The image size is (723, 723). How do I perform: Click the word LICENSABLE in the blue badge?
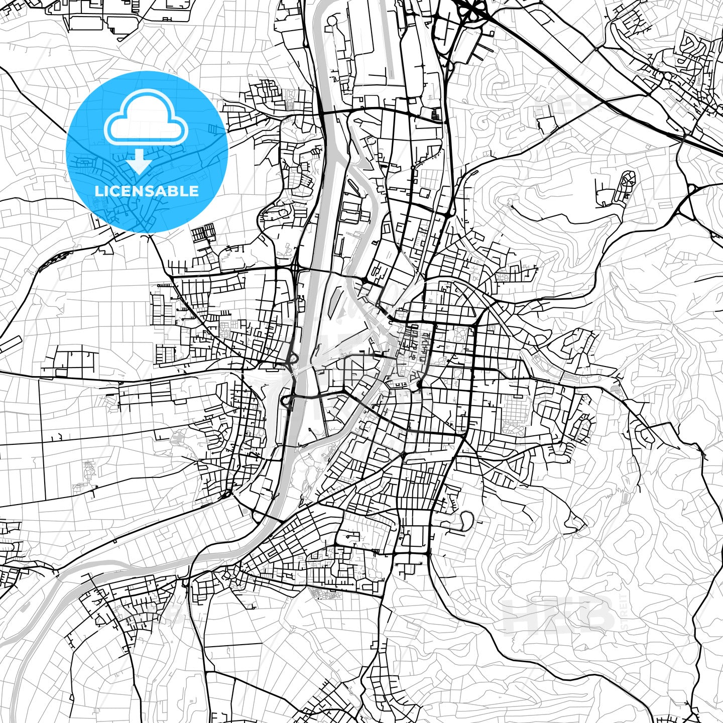click(147, 191)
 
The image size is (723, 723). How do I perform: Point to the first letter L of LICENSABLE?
click(98, 191)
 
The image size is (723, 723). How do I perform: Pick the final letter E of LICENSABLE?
click(194, 191)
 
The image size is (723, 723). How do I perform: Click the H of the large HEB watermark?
click(520, 615)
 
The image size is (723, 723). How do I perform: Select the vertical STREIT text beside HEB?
click(624, 613)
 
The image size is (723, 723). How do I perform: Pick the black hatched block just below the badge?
click(204, 233)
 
